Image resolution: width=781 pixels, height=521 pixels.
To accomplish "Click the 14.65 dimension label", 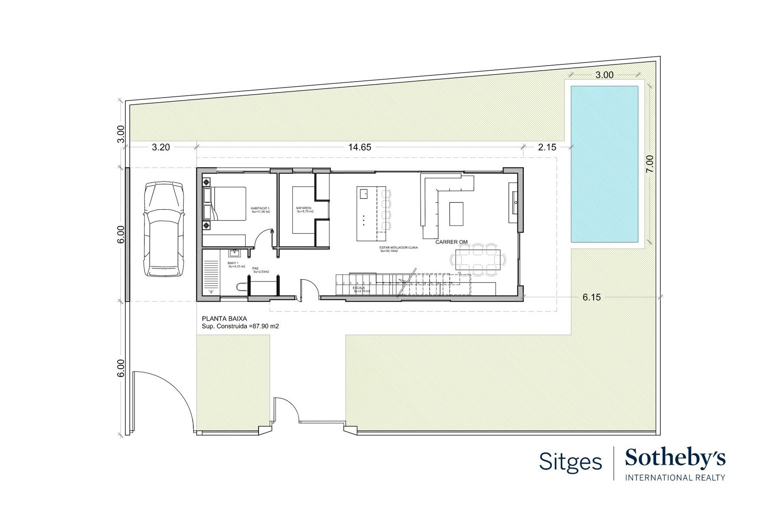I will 360,147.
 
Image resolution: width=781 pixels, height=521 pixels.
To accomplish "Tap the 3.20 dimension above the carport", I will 161,147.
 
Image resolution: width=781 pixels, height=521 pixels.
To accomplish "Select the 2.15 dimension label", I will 547,147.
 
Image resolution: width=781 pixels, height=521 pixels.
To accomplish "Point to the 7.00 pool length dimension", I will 649,164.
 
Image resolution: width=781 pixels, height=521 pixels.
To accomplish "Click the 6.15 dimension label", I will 591,297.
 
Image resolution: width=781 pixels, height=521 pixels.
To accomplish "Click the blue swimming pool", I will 604,164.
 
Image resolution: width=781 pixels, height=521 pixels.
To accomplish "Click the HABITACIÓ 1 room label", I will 260,208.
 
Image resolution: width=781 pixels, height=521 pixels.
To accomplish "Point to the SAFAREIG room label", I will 304,208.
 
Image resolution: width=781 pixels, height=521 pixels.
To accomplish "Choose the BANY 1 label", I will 233,263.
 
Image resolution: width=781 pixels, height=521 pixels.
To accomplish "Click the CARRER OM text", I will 451,242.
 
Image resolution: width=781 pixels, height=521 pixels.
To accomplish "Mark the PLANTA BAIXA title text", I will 224,319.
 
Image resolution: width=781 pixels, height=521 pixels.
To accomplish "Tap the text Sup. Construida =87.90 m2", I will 240,326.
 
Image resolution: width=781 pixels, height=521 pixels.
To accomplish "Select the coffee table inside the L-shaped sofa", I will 456,214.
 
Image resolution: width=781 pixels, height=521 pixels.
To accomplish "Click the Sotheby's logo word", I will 675,459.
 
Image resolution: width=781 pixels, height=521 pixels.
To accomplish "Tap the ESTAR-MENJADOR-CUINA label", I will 398,247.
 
